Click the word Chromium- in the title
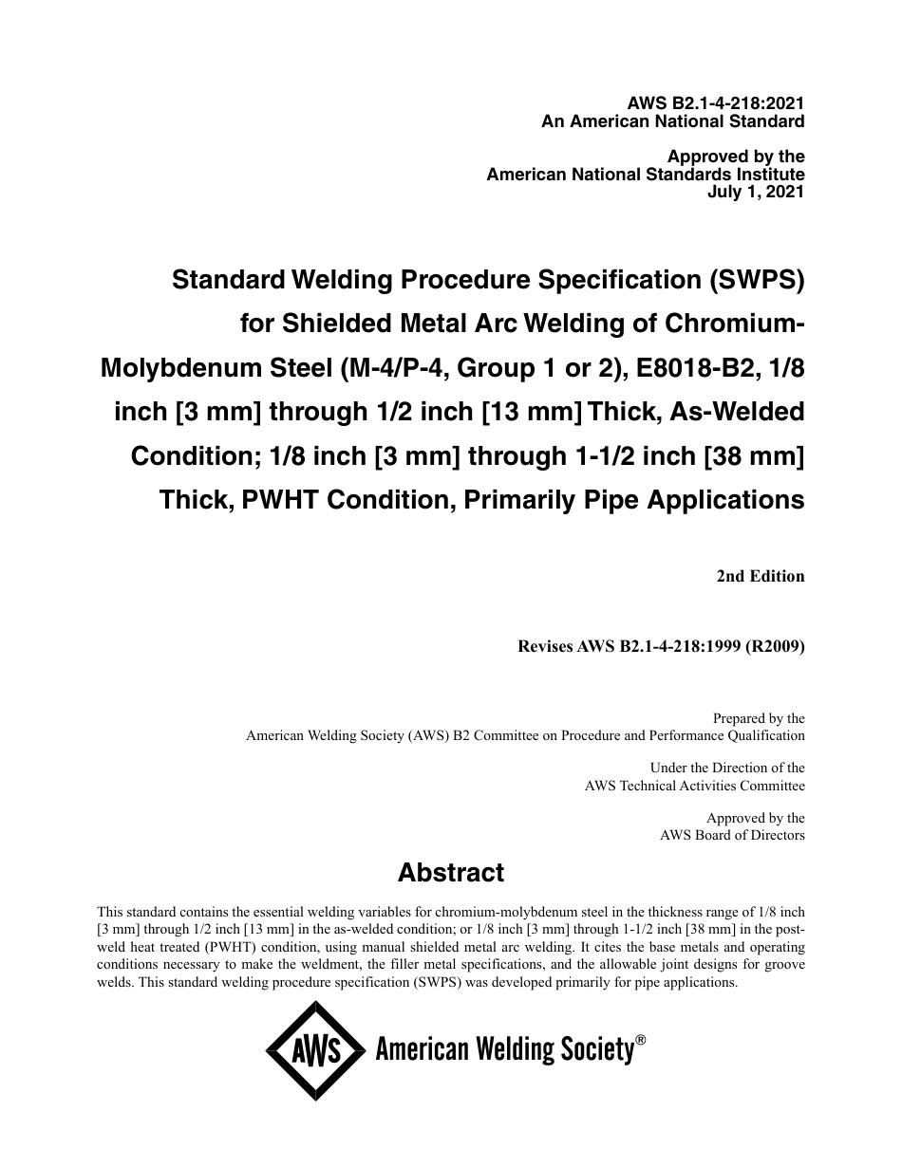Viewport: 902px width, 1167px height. click(x=727, y=324)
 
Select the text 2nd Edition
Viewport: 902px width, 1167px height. click(x=761, y=576)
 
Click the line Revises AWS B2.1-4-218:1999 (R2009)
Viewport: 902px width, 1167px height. click(x=661, y=647)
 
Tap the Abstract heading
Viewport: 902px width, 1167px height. click(x=451, y=872)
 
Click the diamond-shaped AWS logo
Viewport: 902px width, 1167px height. click(x=315, y=1051)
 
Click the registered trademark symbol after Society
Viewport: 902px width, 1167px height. click(x=641, y=1040)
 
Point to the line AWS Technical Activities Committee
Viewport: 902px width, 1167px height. click(x=694, y=785)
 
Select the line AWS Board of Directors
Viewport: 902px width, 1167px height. click(x=732, y=835)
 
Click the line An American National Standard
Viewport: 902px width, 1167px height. click(x=672, y=121)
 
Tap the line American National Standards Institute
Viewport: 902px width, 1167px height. click(x=646, y=175)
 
